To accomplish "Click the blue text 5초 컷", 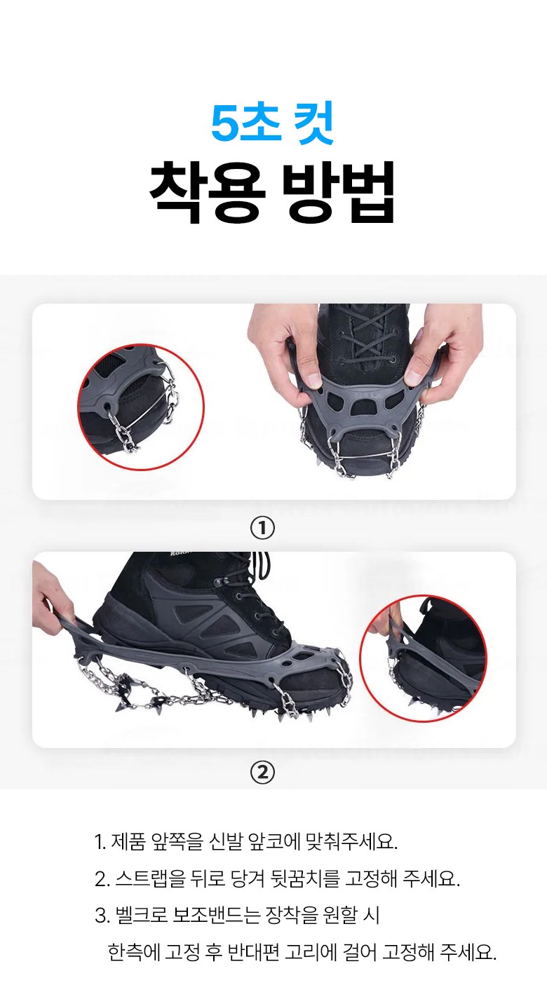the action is [x=272, y=123].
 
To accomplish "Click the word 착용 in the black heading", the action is [x=208, y=192].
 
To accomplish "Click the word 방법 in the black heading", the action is [x=339, y=192].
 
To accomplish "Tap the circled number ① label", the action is [x=263, y=528].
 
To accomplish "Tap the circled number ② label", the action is [x=263, y=772].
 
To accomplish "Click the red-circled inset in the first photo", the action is [x=141, y=407].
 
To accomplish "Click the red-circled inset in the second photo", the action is [x=423, y=659].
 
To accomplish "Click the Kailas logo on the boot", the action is [x=180, y=554].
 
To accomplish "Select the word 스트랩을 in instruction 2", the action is [x=150, y=878].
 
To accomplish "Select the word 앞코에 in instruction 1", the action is [x=276, y=841].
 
